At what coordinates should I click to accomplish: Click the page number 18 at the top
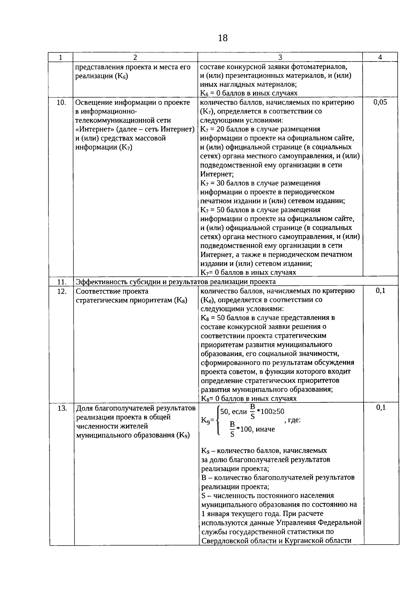click(223, 38)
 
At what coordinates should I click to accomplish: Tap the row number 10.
click(61, 102)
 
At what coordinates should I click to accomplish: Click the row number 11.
click(62, 282)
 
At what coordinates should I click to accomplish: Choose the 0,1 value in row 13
click(381, 407)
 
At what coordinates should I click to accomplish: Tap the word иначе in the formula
click(265, 429)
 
